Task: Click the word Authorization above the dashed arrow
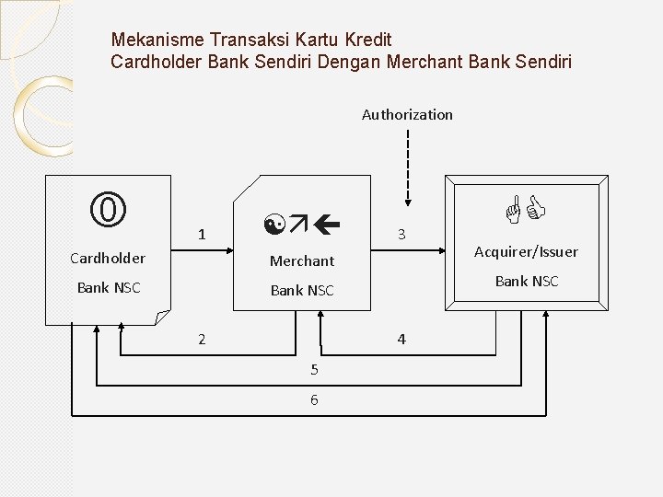pyautogui.click(x=407, y=115)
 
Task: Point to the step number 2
pyautogui.click(x=202, y=340)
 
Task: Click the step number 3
pyautogui.click(x=401, y=236)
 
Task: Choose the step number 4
pyautogui.click(x=401, y=340)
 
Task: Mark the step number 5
pyautogui.click(x=314, y=370)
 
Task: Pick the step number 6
pyautogui.click(x=314, y=399)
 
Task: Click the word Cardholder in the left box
pyautogui.click(x=108, y=258)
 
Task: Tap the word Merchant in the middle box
pyautogui.click(x=302, y=261)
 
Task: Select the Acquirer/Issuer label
pyautogui.click(x=526, y=252)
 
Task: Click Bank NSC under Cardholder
pyautogui.click(x=109, y=288)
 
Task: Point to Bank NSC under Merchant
pyautogui.click(x=302, y=291)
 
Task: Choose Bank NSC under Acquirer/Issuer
pyautogui.click(x=527, y=282)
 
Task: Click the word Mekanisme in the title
pyautogui.click(x=157, y=40)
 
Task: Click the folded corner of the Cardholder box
pyautogui.click(x=162, y=318)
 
